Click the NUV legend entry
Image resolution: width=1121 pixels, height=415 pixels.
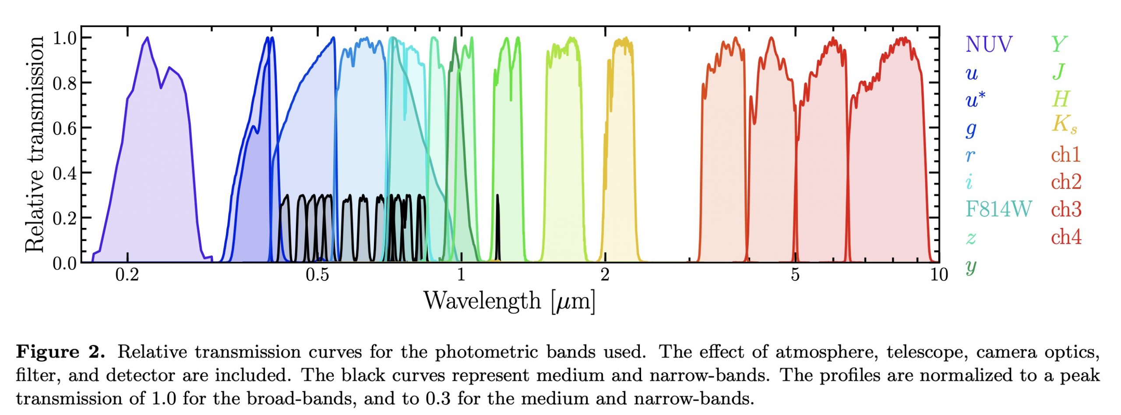(989, 44)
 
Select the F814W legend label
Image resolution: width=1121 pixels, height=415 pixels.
(998, 209)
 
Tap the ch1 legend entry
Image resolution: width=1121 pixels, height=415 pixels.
(1065, 155)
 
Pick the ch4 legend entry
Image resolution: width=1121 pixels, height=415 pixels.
(1066, 237)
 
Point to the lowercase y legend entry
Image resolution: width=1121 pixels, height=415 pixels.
(971, 266)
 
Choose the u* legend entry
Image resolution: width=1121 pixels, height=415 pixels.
(975, 99)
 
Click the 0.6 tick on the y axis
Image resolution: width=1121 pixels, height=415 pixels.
(64, 128)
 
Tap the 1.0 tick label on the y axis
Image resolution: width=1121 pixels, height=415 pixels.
(64, 38)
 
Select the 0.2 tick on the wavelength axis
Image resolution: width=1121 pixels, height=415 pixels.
(127, 275)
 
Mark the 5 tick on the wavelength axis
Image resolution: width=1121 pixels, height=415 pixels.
(795, 275)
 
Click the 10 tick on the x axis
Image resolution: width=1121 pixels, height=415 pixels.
(938, 275)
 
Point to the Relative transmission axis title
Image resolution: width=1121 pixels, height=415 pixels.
(35, 145)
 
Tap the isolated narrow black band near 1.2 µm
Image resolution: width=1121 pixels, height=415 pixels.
(497, 228)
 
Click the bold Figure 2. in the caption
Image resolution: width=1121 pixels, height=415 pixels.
(60, 352)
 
